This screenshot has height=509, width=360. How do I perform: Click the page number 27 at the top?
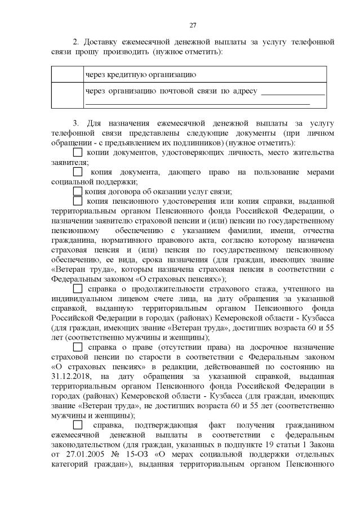point(192,25)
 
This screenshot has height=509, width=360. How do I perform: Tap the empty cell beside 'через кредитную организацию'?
point(67,74)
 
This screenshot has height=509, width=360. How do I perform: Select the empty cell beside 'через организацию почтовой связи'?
point(67,96)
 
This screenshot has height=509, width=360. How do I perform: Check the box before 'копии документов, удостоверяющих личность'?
point(77,153)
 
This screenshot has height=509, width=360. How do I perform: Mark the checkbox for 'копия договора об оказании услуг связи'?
point(77,191)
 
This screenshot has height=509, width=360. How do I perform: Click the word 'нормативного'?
point(120,240)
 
